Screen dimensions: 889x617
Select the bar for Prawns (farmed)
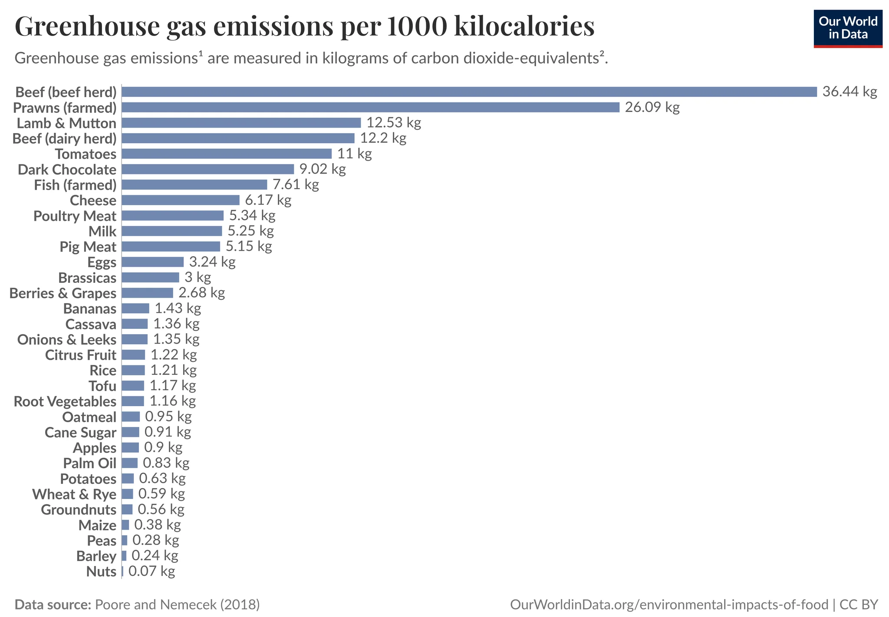[370, 107]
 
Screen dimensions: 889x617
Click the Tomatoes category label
[86, 154]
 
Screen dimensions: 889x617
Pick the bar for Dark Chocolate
[208, 169]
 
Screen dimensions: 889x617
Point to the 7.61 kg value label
[296, 185]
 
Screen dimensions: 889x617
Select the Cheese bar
[181, 200]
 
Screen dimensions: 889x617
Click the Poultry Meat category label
[75, 216]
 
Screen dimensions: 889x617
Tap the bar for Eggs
[153, 262]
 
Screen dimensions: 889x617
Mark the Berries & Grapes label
[63, 293]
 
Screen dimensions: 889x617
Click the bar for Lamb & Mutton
[241, 123]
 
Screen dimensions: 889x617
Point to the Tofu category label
[102, 386]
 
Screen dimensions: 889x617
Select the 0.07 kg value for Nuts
[152, 571]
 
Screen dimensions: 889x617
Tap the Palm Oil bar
[130, 463]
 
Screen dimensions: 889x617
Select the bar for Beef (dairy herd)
[238, 138]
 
